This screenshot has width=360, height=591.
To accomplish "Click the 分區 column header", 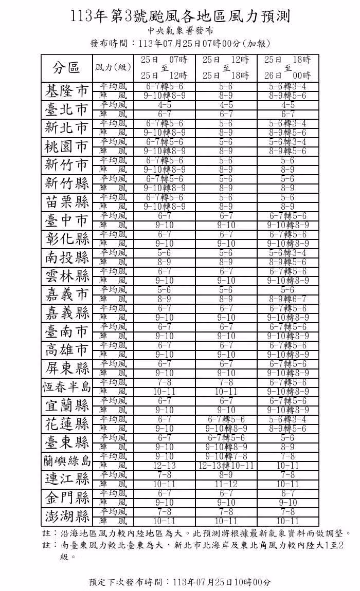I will point(66,67).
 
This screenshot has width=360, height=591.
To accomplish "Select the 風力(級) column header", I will point(113,67).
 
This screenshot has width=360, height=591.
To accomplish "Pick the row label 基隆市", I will point(66,91).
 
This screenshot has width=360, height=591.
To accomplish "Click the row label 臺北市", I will point(66,109).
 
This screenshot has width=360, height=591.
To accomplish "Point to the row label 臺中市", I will point(66,220).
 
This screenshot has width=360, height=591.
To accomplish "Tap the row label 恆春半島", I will point(66,387).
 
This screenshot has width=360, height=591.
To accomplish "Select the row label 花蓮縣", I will point(66,424).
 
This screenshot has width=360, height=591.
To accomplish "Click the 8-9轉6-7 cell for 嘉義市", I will point(288,299).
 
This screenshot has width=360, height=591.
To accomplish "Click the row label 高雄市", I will point(66,350).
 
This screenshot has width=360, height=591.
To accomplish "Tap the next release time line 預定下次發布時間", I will point(179,582).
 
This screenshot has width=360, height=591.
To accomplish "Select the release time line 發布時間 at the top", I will point(179,43).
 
